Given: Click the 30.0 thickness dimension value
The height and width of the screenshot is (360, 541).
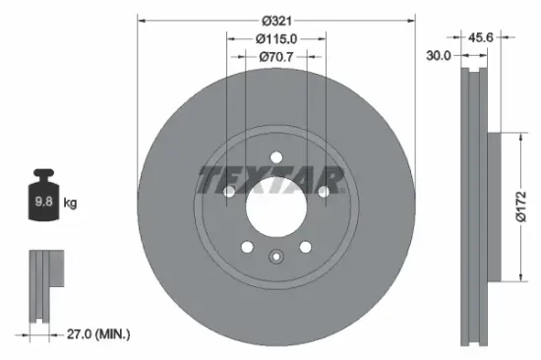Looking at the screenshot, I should pyautogui.click(x=440, y=56).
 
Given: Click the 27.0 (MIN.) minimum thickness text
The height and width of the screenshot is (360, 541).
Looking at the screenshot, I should pyautogui.click(x=97, y=334).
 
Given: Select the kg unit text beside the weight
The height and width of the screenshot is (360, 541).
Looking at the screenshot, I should pyautogui.click(x=70, y=204).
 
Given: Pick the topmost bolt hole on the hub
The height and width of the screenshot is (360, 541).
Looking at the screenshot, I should pyautogui.click(x=275, y=154).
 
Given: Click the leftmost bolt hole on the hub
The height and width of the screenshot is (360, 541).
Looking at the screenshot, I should pyautogui.click(x=228, y=193).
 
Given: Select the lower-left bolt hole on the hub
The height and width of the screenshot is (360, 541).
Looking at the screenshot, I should pyautogui.click(x=247, y=247).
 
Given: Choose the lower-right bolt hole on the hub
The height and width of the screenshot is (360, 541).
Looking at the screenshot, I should pyautogui.click(x=305, y=247).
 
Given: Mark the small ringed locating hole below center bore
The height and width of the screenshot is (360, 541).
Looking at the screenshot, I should pyautogui.click(x=275, y=258).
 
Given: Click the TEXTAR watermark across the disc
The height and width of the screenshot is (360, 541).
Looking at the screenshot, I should pyautogui.click(x=270, y=179).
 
